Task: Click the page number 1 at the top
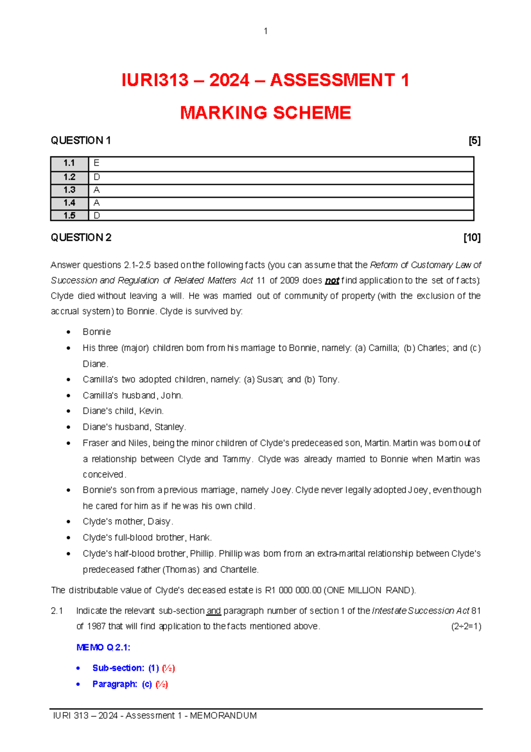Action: coord(265,31)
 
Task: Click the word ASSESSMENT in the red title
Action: coord(332,80)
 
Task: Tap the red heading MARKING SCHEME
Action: coord(265,113)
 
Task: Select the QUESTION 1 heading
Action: coord(81,140)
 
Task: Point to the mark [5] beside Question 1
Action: coord(474,141)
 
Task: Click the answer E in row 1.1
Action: coord(96,163)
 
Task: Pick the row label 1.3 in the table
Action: coord(69,190)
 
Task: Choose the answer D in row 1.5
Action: coord(97,216)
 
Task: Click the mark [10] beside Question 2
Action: coord(472,238)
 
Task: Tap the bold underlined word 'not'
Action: coord(332,281)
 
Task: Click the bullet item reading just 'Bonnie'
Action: coord(96,332)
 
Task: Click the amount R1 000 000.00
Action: coord(293,590)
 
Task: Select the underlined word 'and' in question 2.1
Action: coord(214,611)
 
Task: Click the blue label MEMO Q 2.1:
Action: coord(103,647)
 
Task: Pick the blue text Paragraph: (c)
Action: coord(122,684)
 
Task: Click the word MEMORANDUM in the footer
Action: coord(223,716)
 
